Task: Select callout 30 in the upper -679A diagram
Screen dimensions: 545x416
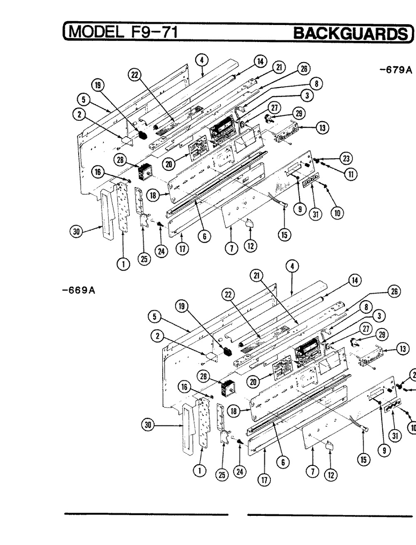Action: pyautogui.click(x=76, y=232)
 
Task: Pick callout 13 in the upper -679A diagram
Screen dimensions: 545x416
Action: pyautogui.click(x=322, y=128)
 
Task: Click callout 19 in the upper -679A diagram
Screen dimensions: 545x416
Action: pyautogui.click(x=98, y=86)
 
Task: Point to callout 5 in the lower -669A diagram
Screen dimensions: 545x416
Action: pyautogui.click(x=154, y=316)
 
